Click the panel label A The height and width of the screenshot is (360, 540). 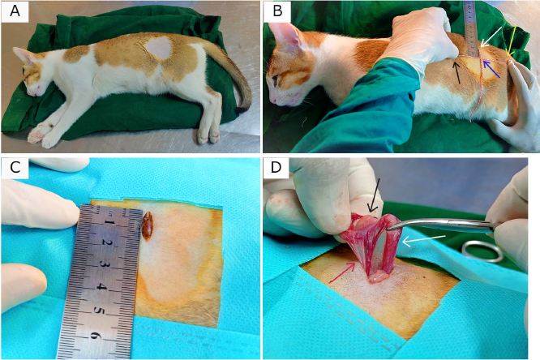click(x=15, y=11)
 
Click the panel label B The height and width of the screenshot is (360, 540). click(x=277, y=11)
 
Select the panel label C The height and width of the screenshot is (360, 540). click(x=15, y=168)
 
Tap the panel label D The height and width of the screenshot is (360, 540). click(x=276, y=168)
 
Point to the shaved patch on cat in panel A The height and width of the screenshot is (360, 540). click(x=159, y=48)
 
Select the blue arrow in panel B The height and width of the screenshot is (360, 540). click(x=491, y=69)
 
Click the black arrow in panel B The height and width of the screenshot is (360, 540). click(x=457, y=71)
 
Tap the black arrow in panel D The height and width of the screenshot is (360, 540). click(x=374, y=195)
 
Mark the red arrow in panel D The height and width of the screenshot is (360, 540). click(x=342, y=272)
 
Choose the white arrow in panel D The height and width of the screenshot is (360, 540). click(x=424, y=239)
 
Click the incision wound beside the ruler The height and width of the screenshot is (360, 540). click(x=148, y=225)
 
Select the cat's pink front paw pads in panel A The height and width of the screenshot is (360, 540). click(x=39, y=133)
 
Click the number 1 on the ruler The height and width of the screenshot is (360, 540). click(x=110, y=222)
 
